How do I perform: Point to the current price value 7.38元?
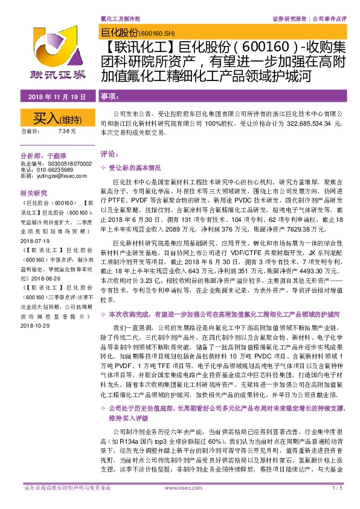[67, 131]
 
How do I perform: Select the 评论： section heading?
[107, 154]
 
